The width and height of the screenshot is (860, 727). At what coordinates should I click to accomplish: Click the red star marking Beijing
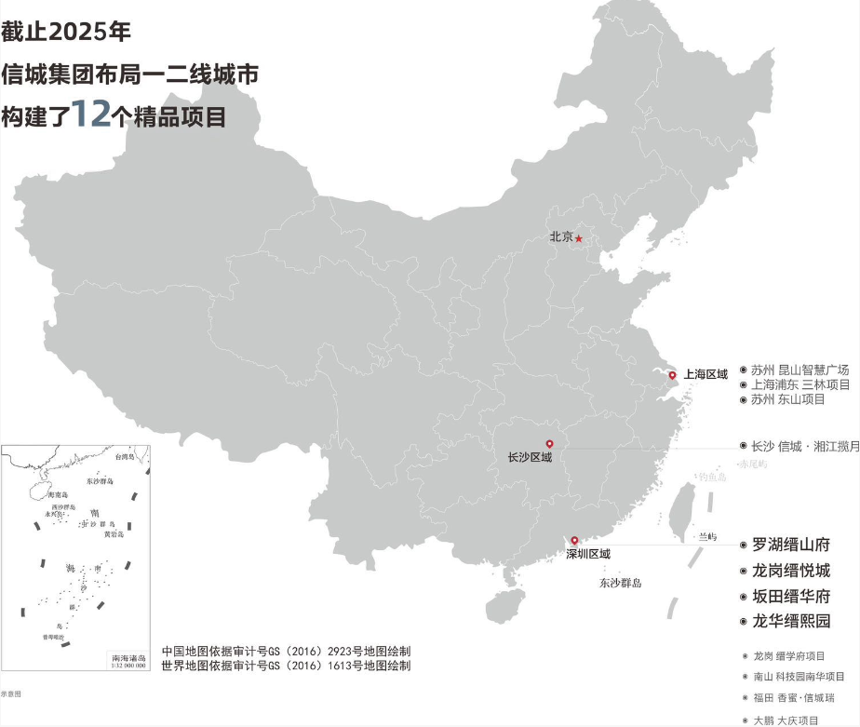click(579, 238)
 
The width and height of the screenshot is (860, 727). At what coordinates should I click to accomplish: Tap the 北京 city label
click(561, 237)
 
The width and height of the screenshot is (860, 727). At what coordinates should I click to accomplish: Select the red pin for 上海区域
click(673, 375)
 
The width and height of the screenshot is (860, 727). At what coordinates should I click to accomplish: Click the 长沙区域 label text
click(530, 458)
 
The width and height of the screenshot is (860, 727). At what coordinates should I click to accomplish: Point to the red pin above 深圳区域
click(575, 541)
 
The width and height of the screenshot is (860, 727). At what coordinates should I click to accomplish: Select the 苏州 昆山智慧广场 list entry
click(800, 370)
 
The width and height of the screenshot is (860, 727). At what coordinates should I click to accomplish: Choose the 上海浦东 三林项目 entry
click(800, 384)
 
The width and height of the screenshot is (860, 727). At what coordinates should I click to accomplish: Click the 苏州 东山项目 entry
click(787, 399)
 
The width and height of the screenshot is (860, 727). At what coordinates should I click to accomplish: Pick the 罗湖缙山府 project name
click(790, 545)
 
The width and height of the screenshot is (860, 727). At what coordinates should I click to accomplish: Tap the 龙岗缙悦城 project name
click(790, 571)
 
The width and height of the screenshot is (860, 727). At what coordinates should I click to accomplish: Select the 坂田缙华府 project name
click(790, 597)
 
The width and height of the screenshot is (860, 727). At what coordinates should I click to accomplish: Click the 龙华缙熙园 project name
click(790, 622)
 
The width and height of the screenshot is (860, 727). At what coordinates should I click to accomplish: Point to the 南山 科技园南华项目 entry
click(799, 677)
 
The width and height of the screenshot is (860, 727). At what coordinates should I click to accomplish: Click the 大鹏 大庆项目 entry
click(786, 720)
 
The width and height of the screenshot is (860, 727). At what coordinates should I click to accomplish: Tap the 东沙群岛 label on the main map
click(620, 584)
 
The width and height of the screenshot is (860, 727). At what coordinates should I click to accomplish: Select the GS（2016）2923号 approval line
click(285, 652)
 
